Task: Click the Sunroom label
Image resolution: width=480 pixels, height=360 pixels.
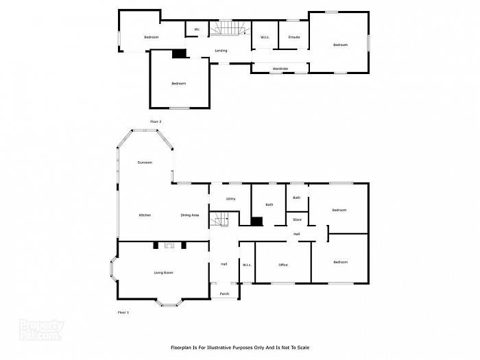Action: [144, 163]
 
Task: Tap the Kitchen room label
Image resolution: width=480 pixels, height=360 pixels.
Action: [145, 215]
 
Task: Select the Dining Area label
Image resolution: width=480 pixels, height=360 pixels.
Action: [190, 215]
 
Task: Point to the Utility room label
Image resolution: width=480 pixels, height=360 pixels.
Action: [230, 199]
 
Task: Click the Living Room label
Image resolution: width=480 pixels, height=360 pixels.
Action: [163, 273]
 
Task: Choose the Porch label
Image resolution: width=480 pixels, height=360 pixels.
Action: [224, 293]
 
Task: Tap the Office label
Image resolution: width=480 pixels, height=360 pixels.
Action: [283, 265]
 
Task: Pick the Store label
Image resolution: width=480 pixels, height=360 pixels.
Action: [297, 219]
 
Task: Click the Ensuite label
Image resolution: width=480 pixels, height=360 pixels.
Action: [294, 36]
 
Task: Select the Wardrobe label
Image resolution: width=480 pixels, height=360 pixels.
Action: [280, 69]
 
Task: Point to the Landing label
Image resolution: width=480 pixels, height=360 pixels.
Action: [221, 51]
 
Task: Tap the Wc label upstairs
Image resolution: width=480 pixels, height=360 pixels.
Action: [197, 29]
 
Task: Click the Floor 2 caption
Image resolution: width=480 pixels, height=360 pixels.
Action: [156, 121]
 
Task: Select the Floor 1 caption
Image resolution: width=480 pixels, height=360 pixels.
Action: [123, 312]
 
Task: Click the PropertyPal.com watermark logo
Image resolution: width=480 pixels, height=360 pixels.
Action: [41, 331]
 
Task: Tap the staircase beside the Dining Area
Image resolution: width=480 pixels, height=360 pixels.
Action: [219, 220]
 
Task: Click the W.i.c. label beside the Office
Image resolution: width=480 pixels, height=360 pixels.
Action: [247, 265]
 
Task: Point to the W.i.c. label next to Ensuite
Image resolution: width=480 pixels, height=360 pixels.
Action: [264, 36]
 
